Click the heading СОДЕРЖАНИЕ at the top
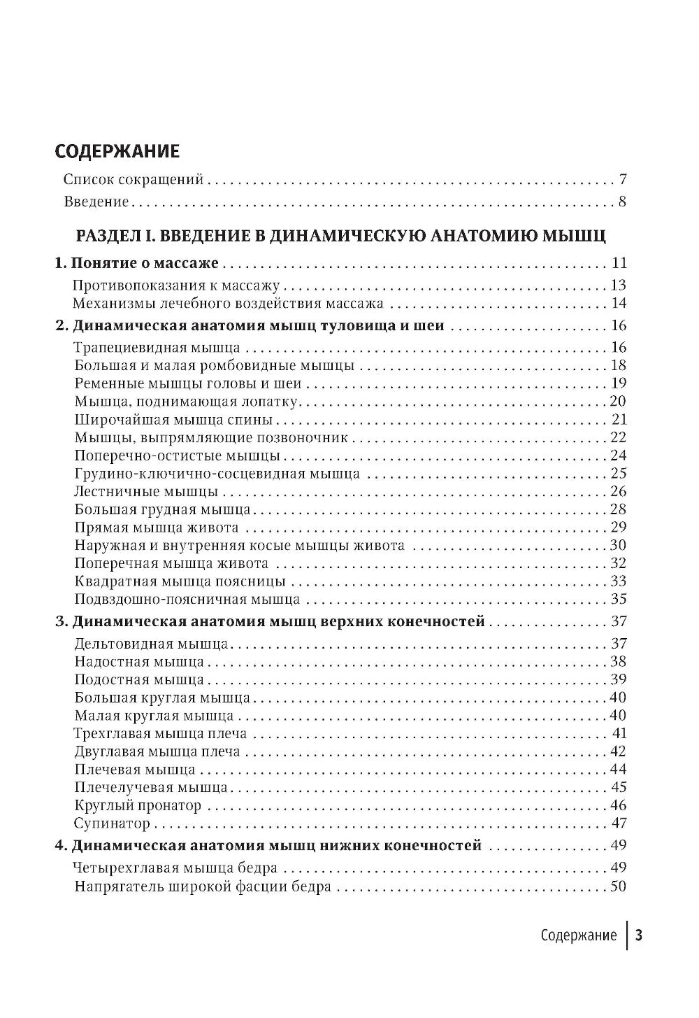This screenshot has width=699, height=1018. coord(117,152)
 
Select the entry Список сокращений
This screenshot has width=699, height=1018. coord(133,180)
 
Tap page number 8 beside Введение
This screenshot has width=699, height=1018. coord(621,203)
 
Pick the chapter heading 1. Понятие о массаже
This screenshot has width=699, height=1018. coord(137,264)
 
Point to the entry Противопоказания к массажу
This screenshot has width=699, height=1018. coord(176,285)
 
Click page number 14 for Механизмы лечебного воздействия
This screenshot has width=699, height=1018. coord(618,304)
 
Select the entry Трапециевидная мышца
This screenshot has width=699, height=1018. coord(157,348)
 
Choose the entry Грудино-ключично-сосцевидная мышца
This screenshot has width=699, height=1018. coord(216,474)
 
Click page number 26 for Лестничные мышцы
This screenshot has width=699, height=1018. coord(618,491)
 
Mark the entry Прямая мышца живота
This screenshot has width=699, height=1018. coord(156,528)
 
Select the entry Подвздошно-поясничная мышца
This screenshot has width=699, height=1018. coord(187,600)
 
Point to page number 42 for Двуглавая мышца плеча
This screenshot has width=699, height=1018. coord(618,751)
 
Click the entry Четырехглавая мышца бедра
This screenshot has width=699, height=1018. coord(175,868)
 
